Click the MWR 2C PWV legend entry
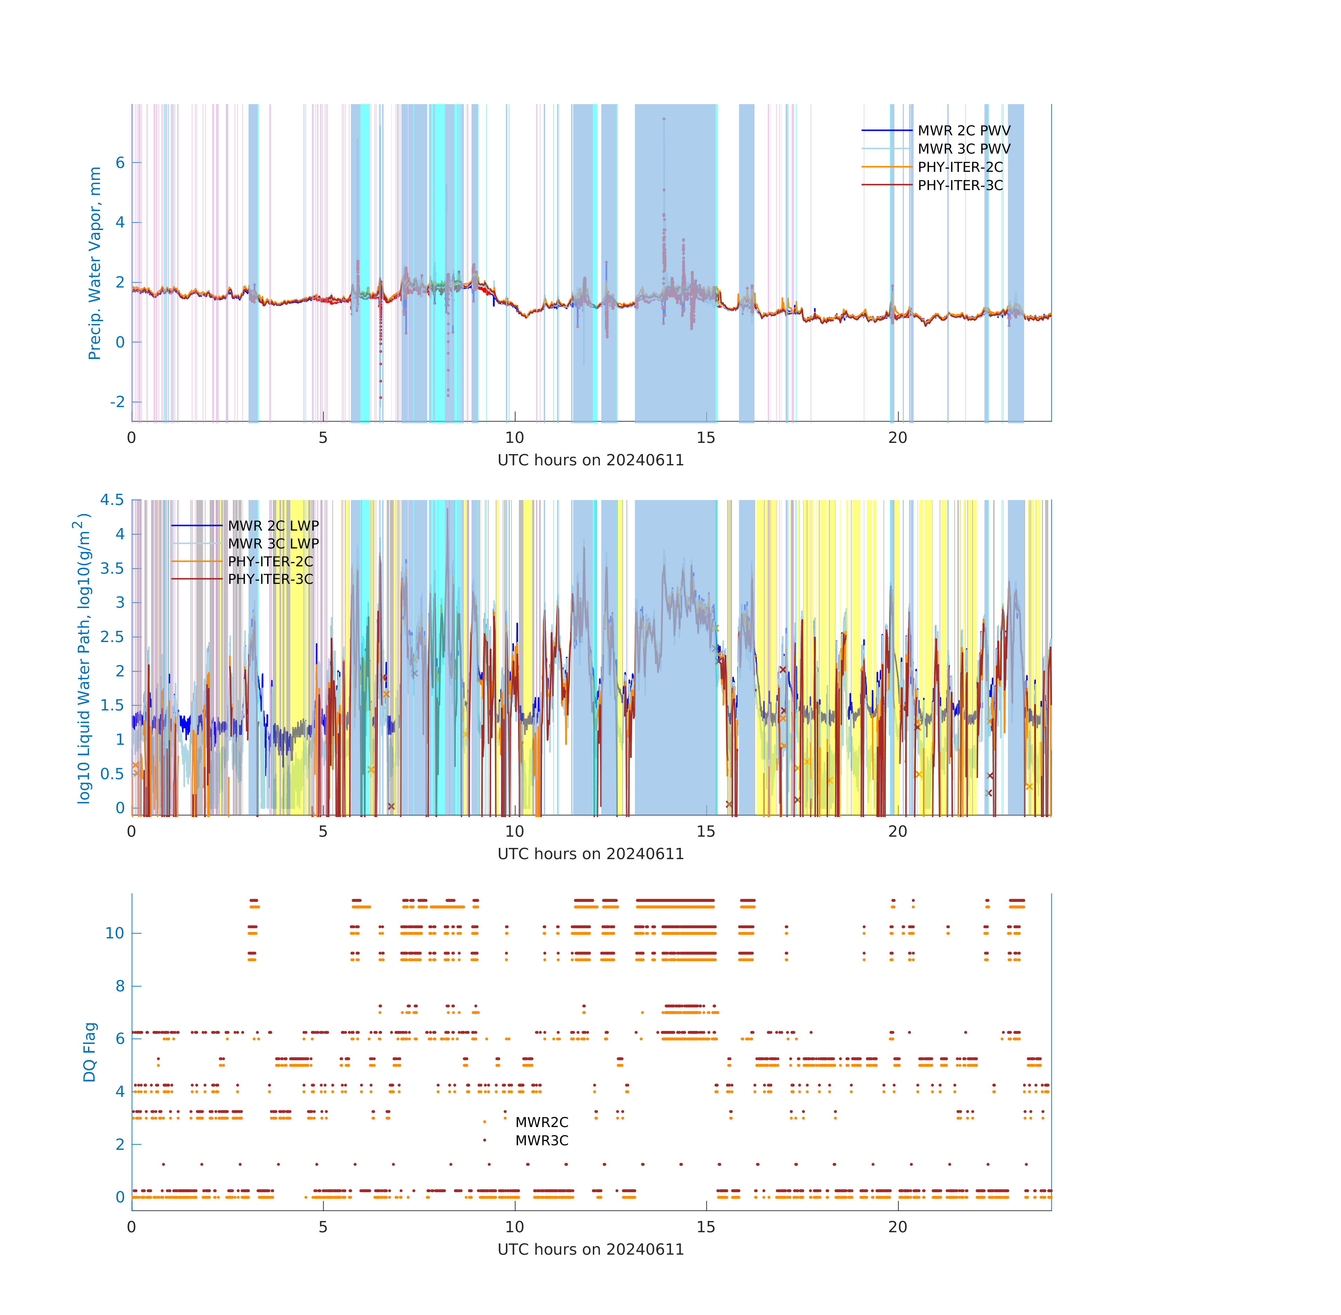tap(963, 130)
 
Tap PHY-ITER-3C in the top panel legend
tap(960, 185)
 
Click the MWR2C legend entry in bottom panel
tap(541, 1122)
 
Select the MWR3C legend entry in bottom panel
tap(541, 1140)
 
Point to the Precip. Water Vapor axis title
tap(95, 263)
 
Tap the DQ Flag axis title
tap(90, 1052)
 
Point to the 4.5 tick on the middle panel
tap(112, 499)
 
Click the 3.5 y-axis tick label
tap(112, 568)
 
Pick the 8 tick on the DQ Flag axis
tap(120, 986)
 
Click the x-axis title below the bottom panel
tap(590, 1249)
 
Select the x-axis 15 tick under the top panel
tap(706, 437)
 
